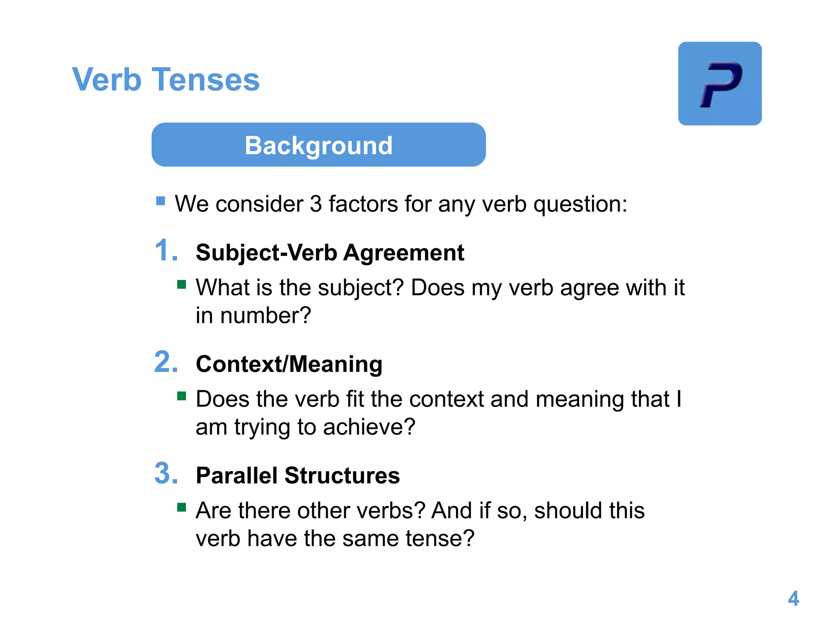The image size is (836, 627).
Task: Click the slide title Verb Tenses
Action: [x=166, y=79]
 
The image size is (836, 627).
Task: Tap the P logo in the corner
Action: [x=720, y=84]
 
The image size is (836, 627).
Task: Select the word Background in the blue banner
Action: [x=318, y=145]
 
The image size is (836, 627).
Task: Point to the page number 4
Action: [x=793, y=598]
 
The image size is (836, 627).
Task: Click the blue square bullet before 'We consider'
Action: [x=160, y=201]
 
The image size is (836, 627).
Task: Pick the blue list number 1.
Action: [x=166, y=250]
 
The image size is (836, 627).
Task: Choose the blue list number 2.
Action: [x=166, y=362]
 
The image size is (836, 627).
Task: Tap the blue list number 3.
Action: [x=166, y=474]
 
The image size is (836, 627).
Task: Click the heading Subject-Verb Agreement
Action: [x=330, y=253]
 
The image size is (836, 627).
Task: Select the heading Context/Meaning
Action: [x=289, y=364]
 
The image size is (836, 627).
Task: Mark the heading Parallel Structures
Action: [x=298, y=476]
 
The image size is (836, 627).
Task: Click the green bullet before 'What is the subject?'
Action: [x=182, y=284]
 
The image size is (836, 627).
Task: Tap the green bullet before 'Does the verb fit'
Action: [x=182, y=396]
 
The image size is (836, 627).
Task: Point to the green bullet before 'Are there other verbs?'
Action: [x=182, y=507]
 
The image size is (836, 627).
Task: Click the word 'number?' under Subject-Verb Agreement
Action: [x=266, y=316]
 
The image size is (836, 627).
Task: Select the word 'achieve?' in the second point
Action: [x=369, y=427]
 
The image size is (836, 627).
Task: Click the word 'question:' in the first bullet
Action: [x=580, y=204]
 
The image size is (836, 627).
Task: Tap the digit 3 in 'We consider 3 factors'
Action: [x=316, y=204]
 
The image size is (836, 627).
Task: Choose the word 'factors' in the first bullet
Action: [x=363, y=204]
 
